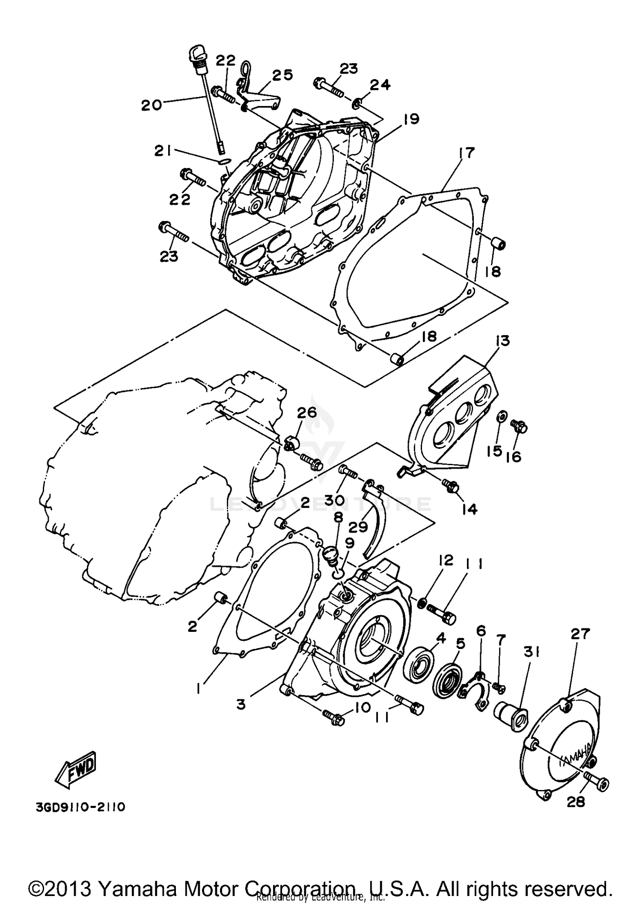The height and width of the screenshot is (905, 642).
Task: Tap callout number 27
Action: click(x=580, y=634)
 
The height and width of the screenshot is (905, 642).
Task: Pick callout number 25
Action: click(x=282, y=75)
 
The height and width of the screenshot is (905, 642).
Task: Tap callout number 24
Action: click(x=380, y=85)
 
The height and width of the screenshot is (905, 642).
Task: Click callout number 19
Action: click(x=411, y=119)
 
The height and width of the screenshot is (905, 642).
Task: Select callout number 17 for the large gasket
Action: click(x=467, y=153)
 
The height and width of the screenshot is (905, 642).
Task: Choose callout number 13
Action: click(x=503, y=341)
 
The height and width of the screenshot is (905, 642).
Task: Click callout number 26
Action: click(x=307, y=413)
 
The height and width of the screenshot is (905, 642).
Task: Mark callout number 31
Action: click(x=530, y=652)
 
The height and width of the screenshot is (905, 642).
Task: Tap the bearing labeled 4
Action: click(x=419, y=671)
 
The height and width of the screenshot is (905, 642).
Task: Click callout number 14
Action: click(x=470, y=509)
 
